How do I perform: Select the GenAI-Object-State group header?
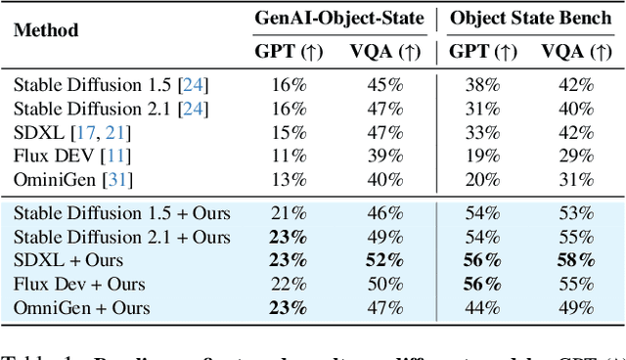[x=338, y=17]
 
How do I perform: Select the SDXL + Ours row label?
[x=66, y=260]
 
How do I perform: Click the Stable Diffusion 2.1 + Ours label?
[x=122, y=237]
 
